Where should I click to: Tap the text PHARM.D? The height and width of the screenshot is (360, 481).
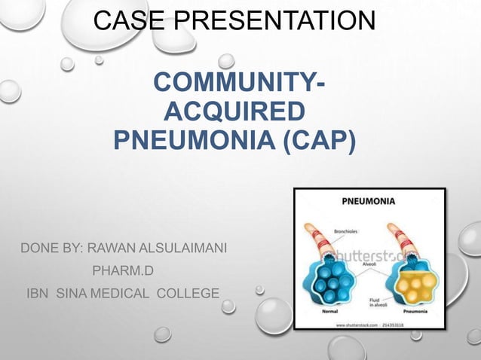pyautogui.click(x=122, y=270)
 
